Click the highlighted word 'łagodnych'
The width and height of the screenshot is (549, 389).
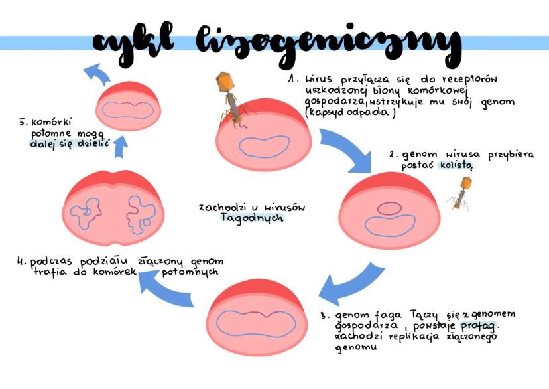(253, 218)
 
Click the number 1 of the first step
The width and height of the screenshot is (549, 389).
(292, 79)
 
